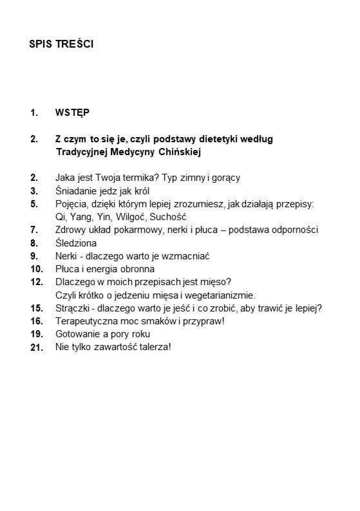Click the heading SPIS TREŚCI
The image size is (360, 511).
pyautogui.click(x=61, y=44)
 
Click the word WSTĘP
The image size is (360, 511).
pyautogui.click(x=72, y=113)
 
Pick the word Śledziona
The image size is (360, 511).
pyautogui.click(x=76, y=243)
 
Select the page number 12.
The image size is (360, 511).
pyautogui.click(x=36, y=282)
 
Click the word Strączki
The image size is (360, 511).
pyautogui.click(x=73, y=308)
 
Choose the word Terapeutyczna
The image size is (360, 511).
pyautogui.click(x=86, y=321)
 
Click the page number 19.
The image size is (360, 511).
pyautogui.click(x=36, y=334)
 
